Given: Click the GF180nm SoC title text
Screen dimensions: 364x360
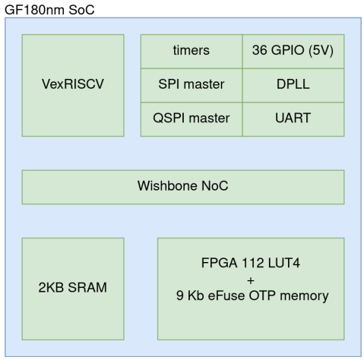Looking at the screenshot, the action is [x=49, y=10].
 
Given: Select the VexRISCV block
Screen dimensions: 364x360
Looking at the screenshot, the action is [x=73, y=86].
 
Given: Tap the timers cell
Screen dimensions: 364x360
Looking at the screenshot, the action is [x=191, y=52].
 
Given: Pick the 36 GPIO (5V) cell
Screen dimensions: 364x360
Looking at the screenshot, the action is [x=293, y=52].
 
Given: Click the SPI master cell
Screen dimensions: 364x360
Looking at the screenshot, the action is [x=191, y=85].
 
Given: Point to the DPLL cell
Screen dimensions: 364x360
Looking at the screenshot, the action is [x=293, y=85].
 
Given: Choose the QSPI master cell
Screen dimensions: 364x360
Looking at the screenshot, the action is [x=191, y=119].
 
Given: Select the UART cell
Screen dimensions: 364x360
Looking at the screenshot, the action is [x=293, y=119].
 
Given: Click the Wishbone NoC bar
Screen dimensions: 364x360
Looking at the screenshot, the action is [x=183, y=187].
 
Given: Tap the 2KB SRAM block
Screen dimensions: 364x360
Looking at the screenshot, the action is [x=73, y=289].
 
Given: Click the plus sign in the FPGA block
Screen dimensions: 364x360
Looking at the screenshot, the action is [x=251, y=280].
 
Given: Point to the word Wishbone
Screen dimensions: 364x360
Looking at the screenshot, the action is [x=167, y=185].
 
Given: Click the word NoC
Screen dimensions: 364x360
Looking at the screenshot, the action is [x=215, y=185].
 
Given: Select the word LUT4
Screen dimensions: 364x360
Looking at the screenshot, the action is [x=283, y=263].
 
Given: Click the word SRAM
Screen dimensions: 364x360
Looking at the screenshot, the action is [x=87, y=287].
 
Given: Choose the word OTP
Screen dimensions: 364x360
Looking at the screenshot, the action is [x=262, y=295].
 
